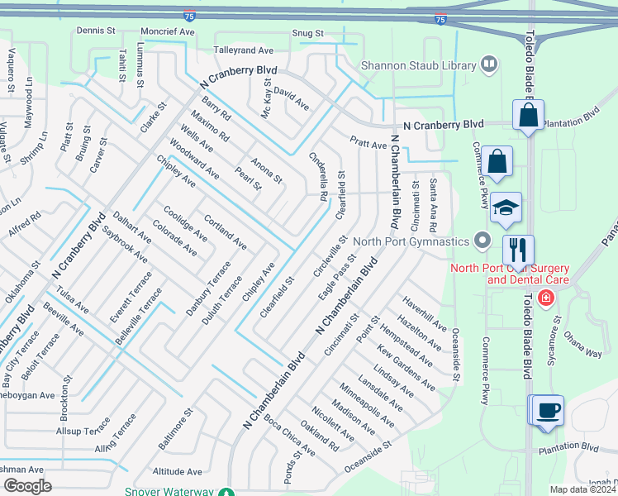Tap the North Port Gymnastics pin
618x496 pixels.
(484, 241)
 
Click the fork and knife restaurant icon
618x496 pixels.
(518, 248)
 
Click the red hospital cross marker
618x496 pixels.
(545, 298)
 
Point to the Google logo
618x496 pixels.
(28, 486)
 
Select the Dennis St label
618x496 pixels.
(95, 30)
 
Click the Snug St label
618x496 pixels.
(307, 33)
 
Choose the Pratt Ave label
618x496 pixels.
(368, 144)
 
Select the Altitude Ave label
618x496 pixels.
(177, 471)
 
